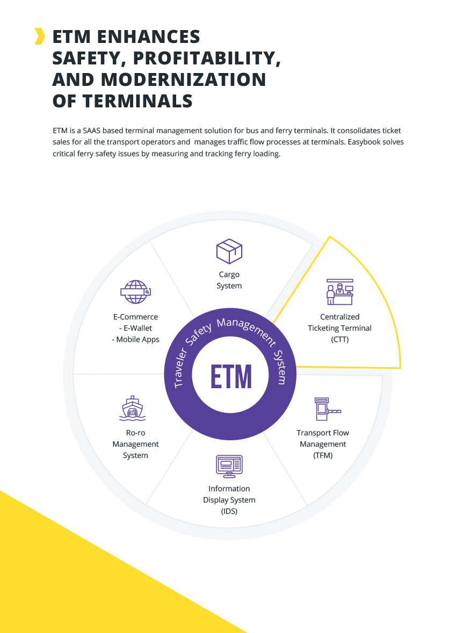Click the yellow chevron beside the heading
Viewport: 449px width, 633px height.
click(x=39, y=36)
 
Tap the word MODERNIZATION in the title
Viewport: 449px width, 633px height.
click(x=184, y=79)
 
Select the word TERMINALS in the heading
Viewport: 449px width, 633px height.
click(x=136, y=101)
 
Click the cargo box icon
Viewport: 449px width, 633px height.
click(x=229, y=251)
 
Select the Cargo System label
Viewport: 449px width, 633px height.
click(x=229, y=280)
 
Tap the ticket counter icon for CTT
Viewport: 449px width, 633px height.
click(x=340, y=292)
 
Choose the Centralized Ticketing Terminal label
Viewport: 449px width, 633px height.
click(x=339, y=328)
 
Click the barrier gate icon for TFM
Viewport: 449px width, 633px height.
click(x=327, y=409)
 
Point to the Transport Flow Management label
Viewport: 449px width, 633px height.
click(x=323, y=444)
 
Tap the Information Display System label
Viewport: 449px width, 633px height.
click(x=229, y=500)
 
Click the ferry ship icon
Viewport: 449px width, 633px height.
click(x=132, y=409)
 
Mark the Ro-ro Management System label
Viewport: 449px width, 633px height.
click(x=135, y=444)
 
